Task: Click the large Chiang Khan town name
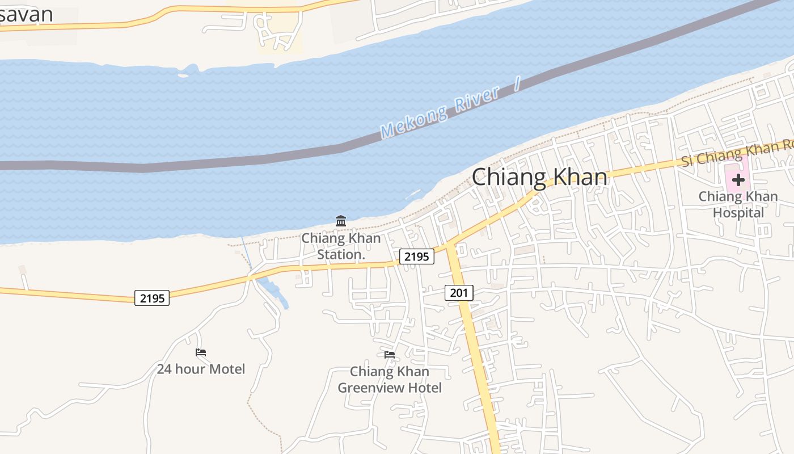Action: [x=539, y=177]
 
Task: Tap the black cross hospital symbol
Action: [x=738, y=180]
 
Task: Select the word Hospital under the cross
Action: [x=738, y=213]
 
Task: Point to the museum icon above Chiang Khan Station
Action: [x=341, y=221]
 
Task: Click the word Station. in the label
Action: [x=340, y=255]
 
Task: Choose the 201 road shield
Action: [x=458, y=293]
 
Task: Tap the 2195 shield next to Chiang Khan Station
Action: [x=417, y=257]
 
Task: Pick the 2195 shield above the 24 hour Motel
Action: [x=152, y=297]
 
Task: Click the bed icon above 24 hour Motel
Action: [x=201, y=352]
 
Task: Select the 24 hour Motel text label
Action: [x=201, y=369]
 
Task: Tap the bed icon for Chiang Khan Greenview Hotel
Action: [x=389, y=355]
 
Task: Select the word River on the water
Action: [x=478, y=100]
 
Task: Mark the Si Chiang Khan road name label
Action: [x=732, y=153]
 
